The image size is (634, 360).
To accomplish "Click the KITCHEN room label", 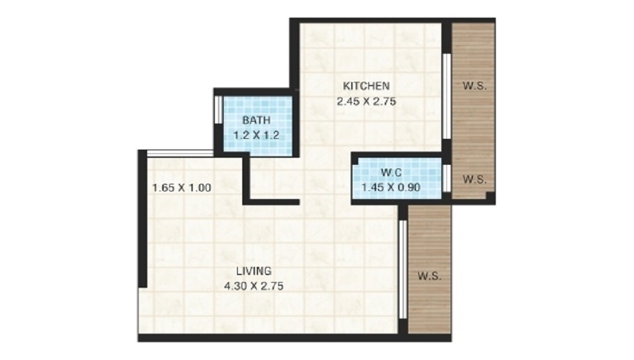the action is (366, 86).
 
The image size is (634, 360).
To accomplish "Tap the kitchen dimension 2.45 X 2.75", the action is (366, 101).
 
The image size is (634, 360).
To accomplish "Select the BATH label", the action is (256, 120).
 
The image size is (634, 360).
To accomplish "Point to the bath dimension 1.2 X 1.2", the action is (256, 135).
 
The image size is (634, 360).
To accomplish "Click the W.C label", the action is (391, 172).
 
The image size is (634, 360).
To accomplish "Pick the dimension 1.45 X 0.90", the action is (391, 188).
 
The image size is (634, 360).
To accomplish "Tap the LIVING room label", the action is (254, 271).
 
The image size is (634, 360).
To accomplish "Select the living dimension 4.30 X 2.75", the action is (254, 286).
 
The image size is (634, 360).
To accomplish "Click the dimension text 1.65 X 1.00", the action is (181, 188).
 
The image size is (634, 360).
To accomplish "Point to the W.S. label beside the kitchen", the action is (474, 86).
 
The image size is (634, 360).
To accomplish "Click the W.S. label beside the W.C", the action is (474, 179).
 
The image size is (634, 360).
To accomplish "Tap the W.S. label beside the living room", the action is (429, 276).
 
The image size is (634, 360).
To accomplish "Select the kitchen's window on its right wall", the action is (446, 96).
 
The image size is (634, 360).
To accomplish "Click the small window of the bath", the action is (217, 110).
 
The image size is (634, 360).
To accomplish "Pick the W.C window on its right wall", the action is (446, 178).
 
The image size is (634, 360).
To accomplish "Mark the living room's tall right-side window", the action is (403, 269).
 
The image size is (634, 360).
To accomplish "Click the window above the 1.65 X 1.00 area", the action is (180, 153).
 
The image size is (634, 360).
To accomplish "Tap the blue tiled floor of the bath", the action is (258, 126).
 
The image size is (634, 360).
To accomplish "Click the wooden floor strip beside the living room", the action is (429, 269).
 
